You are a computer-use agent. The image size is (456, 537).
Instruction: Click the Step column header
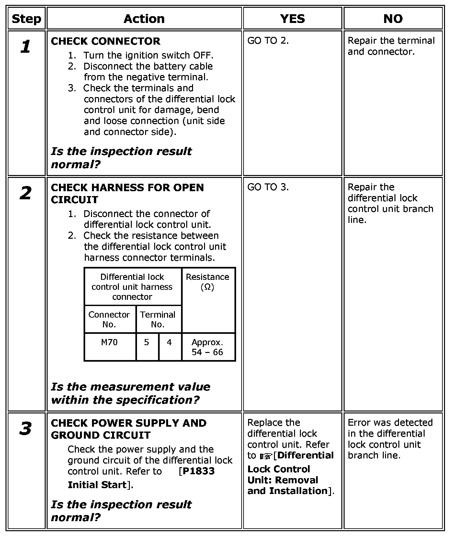(26, 19)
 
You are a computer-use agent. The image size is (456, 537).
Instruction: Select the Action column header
(144, 19)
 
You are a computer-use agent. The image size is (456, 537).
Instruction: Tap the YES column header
(292, 19)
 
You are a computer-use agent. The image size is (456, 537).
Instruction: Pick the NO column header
(393, 19)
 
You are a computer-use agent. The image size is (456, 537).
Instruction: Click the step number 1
(26, 47)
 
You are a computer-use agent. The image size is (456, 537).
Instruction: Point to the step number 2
(26, 193)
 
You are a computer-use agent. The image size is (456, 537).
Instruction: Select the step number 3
(26, 429)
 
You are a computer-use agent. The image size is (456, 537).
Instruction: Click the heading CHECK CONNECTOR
(106, 41)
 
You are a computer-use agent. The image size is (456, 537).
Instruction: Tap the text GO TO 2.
(268, 41)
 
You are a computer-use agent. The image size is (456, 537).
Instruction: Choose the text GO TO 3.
(268, 187)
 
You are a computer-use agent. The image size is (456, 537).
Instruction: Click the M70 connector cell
(109, 342)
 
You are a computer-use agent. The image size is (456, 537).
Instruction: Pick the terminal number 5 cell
(147, 342)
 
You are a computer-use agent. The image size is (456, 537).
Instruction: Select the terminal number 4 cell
(169, 342)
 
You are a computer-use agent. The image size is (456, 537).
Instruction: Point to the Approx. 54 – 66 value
(207, 347)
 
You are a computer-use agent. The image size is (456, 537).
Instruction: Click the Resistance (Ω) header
(207, 282)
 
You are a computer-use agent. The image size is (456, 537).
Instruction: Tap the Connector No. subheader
(109, 319)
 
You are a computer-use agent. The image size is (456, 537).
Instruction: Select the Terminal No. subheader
(158, 319)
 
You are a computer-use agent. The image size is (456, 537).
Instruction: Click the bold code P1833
(199, 471)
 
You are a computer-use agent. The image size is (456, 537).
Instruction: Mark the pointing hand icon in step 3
(266, 456)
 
